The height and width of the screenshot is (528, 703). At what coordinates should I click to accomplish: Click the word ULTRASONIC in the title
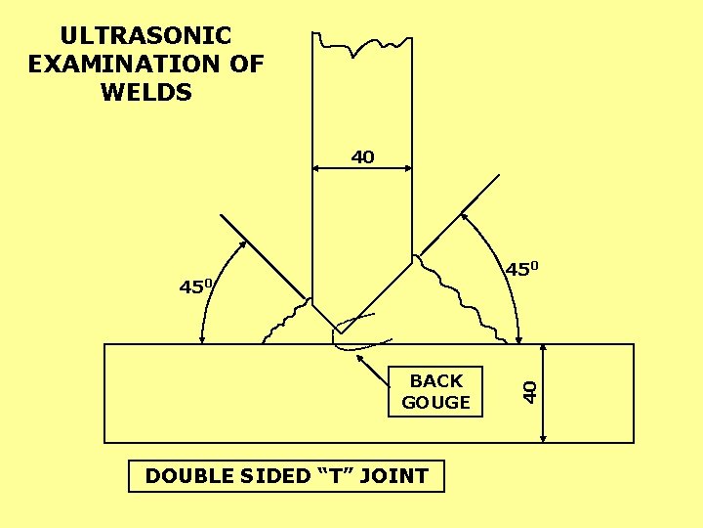pyautogui.click(x=145, y=36)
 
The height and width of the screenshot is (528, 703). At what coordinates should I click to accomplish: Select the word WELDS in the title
pyautogui.click(x=146, y=93)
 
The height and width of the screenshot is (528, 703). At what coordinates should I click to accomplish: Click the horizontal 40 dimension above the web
pyautogui.click(x=362, y=156)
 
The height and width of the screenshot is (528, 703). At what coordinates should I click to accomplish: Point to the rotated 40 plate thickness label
pyautogui.click(x=529, y=390)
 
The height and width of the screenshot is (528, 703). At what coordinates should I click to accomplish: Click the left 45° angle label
pyautogui.click(x=196, y=286)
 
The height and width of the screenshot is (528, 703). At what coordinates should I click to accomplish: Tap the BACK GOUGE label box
pyautogui.click(x=436, y=391)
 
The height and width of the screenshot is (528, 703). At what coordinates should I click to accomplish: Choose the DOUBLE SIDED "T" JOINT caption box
pyautogui.click(x=286, y=476)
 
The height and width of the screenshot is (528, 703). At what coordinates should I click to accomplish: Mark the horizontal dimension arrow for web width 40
pyautogui.click(x=362, y=168)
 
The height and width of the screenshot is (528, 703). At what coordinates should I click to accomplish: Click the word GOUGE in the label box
pyautogui.click(x=436, y=402)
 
